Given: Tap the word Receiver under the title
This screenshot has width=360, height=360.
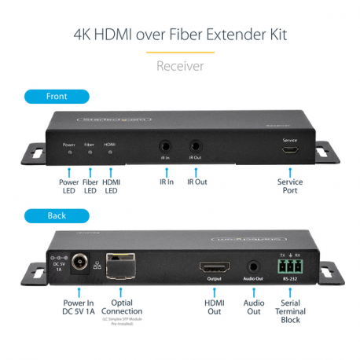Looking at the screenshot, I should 180,66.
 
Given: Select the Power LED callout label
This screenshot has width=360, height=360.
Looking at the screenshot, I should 70,186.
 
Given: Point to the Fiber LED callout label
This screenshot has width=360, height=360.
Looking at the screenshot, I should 90,186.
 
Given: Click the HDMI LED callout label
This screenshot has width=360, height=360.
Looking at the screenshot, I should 111,186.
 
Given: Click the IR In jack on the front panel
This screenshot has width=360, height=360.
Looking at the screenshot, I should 166,146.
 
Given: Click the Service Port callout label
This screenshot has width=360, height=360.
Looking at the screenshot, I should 290,186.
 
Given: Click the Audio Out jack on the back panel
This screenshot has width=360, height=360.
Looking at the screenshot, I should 253,268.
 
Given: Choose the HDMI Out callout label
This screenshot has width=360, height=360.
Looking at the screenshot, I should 214,306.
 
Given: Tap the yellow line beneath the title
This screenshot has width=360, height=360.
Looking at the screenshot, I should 180,52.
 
